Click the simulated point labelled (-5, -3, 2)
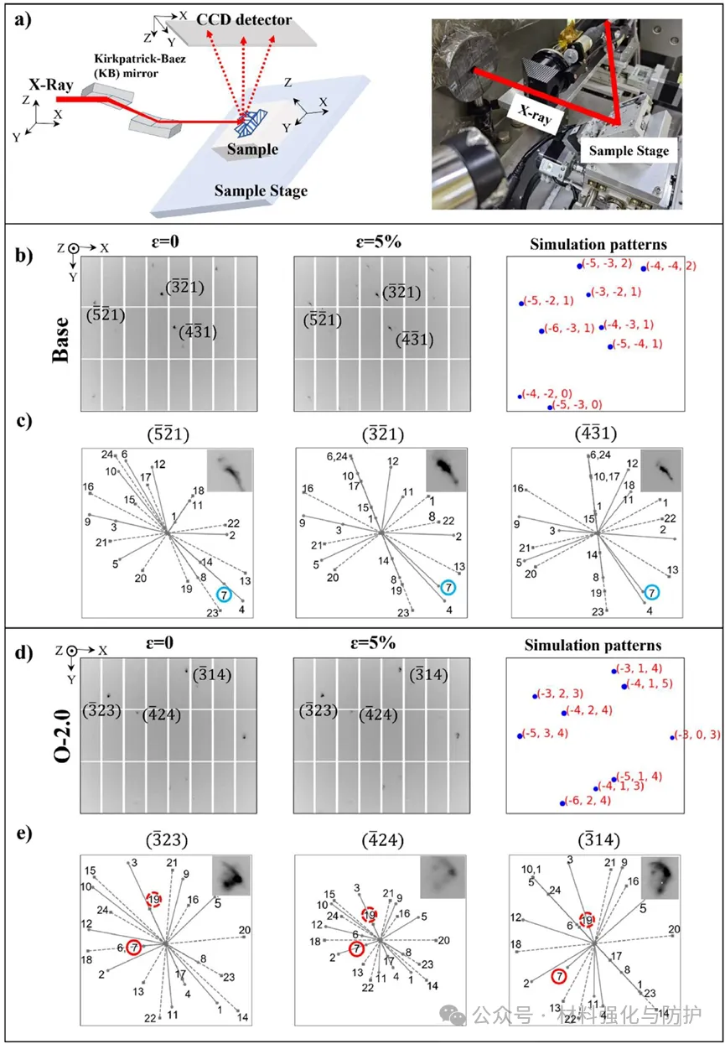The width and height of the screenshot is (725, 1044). click(579, 266)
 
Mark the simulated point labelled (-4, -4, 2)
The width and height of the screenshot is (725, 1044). click(644, 268)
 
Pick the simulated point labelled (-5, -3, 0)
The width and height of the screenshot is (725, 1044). click(550, 407)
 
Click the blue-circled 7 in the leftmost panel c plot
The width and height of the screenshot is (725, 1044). click(223, 594)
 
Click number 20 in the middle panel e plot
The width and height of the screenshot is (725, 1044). click(443, 940)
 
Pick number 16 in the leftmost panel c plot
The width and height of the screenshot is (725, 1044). click(87, 487)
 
